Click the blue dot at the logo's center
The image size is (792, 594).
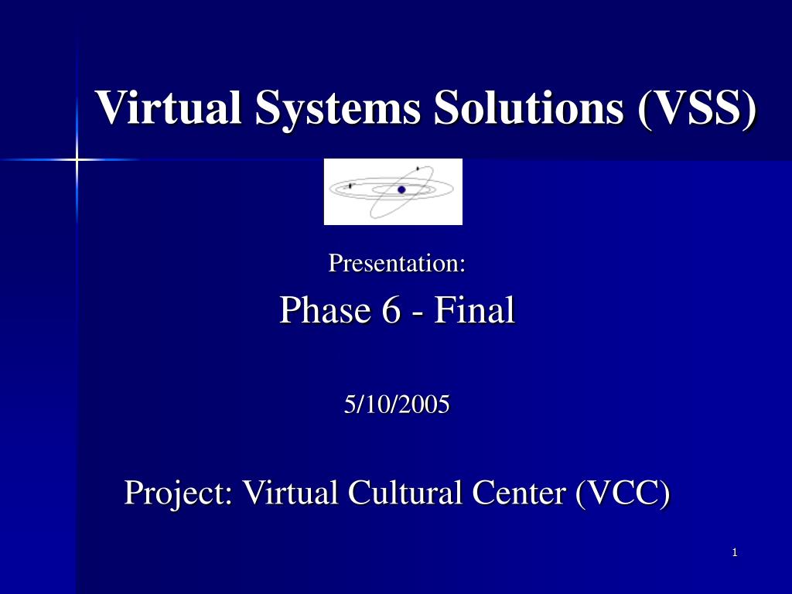(401, 189)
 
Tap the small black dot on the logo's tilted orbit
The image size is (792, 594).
(418, 168)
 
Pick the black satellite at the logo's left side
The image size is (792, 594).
(350, 186)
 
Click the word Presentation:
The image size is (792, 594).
(397, 264)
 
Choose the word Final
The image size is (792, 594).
(473, 311)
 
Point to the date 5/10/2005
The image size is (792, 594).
(397, 404)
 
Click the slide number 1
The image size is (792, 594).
(735, 552)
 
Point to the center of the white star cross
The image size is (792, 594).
(77, 159)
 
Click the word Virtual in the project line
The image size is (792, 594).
(289, 492)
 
